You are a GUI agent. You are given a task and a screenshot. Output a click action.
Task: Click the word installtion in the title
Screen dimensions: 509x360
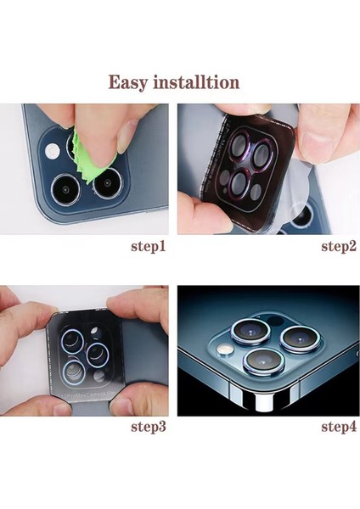pyautogui.click(x=204, y=82)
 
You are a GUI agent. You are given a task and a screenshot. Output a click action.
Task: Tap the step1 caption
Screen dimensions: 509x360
pyautogui.click(x=146, y=247)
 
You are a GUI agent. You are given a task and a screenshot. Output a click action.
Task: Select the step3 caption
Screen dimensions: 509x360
pyautogui.click(x=146, y=425)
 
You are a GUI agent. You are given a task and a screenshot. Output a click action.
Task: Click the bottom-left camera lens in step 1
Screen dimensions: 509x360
pyautogui.click(x=64, y=188)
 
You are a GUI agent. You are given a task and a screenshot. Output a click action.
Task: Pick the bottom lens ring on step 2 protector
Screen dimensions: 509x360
pyautogui.click(x=240, y=184)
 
